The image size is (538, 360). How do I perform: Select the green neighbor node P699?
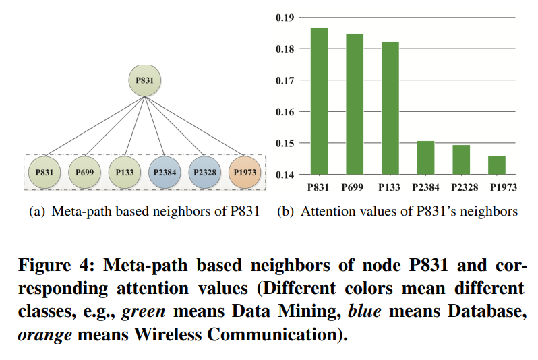[x=84, y=173]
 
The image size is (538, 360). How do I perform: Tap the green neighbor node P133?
[x=124, y=173]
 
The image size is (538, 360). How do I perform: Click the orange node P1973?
[x=244, y=173]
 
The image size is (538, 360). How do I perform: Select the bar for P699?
[x=354, y=104]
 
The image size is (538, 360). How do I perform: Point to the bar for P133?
[x=390, y=108]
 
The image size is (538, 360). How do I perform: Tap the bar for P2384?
[x=425, y=158]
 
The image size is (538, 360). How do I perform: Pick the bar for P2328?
[x=461, y=160]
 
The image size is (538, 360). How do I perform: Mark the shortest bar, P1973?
[x=497, y=165]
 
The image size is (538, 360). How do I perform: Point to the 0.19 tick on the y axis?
[x=285, y=18]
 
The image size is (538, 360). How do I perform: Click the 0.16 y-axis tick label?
[x=285, y=112]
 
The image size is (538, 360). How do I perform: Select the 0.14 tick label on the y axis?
[x=285, y=175]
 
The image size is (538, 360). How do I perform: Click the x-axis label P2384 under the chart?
[x=425, y=188]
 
